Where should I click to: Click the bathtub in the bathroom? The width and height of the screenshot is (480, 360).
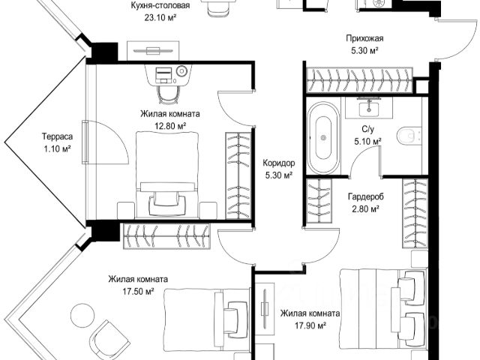[x=323, y=138]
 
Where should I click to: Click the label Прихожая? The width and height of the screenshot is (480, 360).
[x=364, y=38]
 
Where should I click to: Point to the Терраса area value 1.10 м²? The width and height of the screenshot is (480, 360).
[x=58, y=149]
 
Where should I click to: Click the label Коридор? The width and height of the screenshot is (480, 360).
[x=279, y=163]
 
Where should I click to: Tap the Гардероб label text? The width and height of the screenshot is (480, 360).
[x=366, y=196]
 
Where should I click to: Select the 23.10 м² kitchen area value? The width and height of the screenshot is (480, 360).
[x=160, y=17]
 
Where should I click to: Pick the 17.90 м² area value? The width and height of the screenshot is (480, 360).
[x=310, y=325]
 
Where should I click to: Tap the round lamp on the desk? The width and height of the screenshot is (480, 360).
[x=181, y=71]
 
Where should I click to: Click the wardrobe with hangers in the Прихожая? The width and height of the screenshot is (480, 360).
[x=360, y=79]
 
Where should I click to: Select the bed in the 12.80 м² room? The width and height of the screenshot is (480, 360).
[x=167, y=175]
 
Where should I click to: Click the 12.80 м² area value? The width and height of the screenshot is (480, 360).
[x=170, y=126]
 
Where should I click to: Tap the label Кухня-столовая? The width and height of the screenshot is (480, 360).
[x=160, y=5]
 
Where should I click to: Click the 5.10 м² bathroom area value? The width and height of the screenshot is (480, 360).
[x=367, y=142]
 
